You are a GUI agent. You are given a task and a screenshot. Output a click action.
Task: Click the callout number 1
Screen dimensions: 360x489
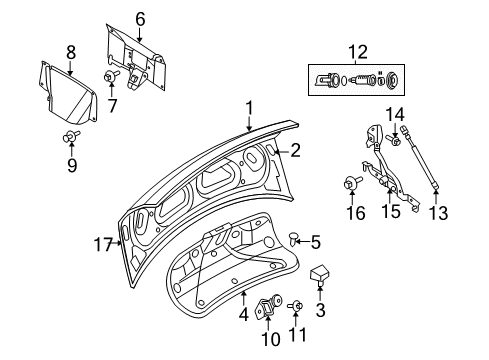point(250,107)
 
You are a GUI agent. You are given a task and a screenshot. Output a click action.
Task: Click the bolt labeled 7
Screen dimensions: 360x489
point(110,78)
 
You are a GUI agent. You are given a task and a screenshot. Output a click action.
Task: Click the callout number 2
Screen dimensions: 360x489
point(295,151)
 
